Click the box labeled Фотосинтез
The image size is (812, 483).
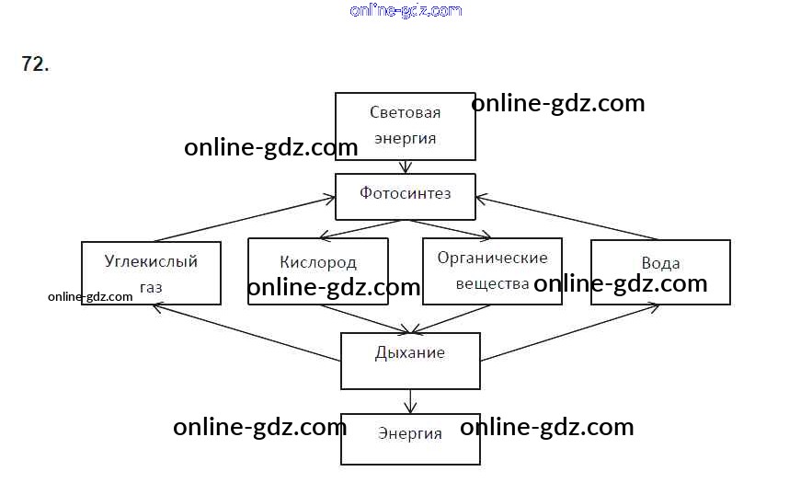405,197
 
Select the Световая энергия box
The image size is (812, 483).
405,126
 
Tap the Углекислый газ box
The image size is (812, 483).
151,273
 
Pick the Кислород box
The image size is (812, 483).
318,271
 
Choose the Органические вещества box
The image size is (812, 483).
493,271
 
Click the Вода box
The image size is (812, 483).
661,272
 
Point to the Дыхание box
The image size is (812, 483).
410,362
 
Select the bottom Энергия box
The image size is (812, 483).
410,440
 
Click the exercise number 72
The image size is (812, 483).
35,63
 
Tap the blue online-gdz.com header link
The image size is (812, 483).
406,10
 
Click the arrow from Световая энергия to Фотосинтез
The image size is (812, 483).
406,167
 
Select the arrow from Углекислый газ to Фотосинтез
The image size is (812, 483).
245,219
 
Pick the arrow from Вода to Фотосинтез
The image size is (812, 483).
567,218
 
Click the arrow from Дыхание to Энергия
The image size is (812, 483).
410,402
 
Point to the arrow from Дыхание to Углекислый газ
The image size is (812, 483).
247,333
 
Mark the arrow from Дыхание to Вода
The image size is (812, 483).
569,333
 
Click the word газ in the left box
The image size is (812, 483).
151,288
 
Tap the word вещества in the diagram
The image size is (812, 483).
492,284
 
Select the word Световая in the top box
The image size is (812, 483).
405,112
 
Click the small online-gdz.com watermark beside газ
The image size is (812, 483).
90,297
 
